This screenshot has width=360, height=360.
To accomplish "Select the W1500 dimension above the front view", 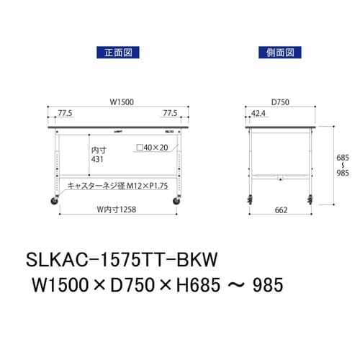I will coord(119,103).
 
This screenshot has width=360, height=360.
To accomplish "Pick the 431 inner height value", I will coord(98,162).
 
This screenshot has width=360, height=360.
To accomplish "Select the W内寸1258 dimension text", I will coord(117,210).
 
